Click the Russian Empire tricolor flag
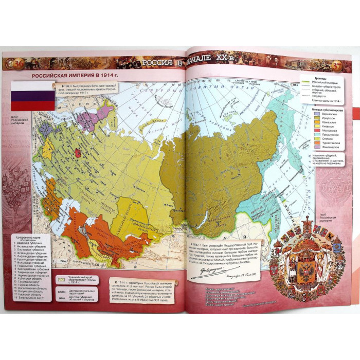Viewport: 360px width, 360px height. pyautogui.click(x=33, y=95)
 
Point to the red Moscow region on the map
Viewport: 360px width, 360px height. pyautogui.click(x=78, y=153)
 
